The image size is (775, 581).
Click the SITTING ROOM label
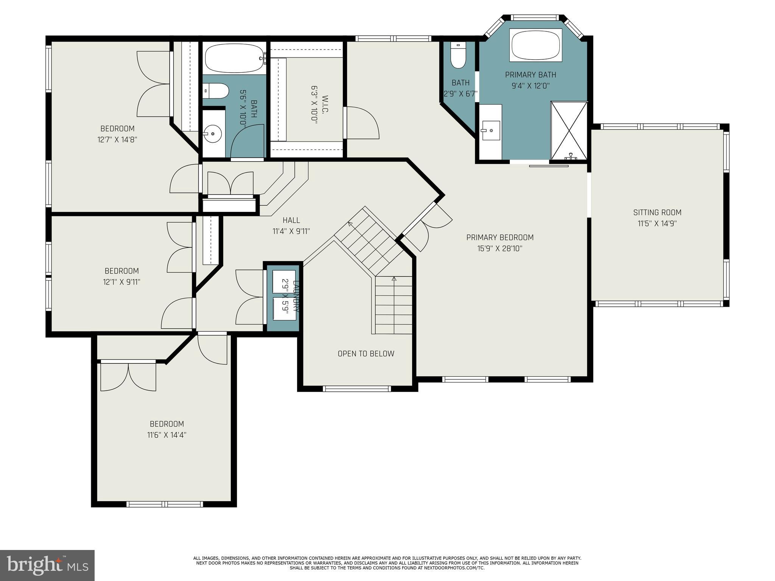(657, 213)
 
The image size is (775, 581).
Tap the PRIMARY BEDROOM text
(500, 238)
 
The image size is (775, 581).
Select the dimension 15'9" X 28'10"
(500, 249)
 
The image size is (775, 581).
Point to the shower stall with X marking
(568, 130)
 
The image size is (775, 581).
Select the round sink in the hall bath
(213, 133)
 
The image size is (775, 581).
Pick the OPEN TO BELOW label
(366, 354)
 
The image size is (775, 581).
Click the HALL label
(291, 220)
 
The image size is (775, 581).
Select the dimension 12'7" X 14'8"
(117, 140)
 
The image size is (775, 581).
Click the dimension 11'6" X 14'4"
(167, 435)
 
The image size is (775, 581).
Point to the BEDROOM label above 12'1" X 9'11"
(121, 271)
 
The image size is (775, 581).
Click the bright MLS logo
(47, 565)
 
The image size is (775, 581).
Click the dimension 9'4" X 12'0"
(530, 86)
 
